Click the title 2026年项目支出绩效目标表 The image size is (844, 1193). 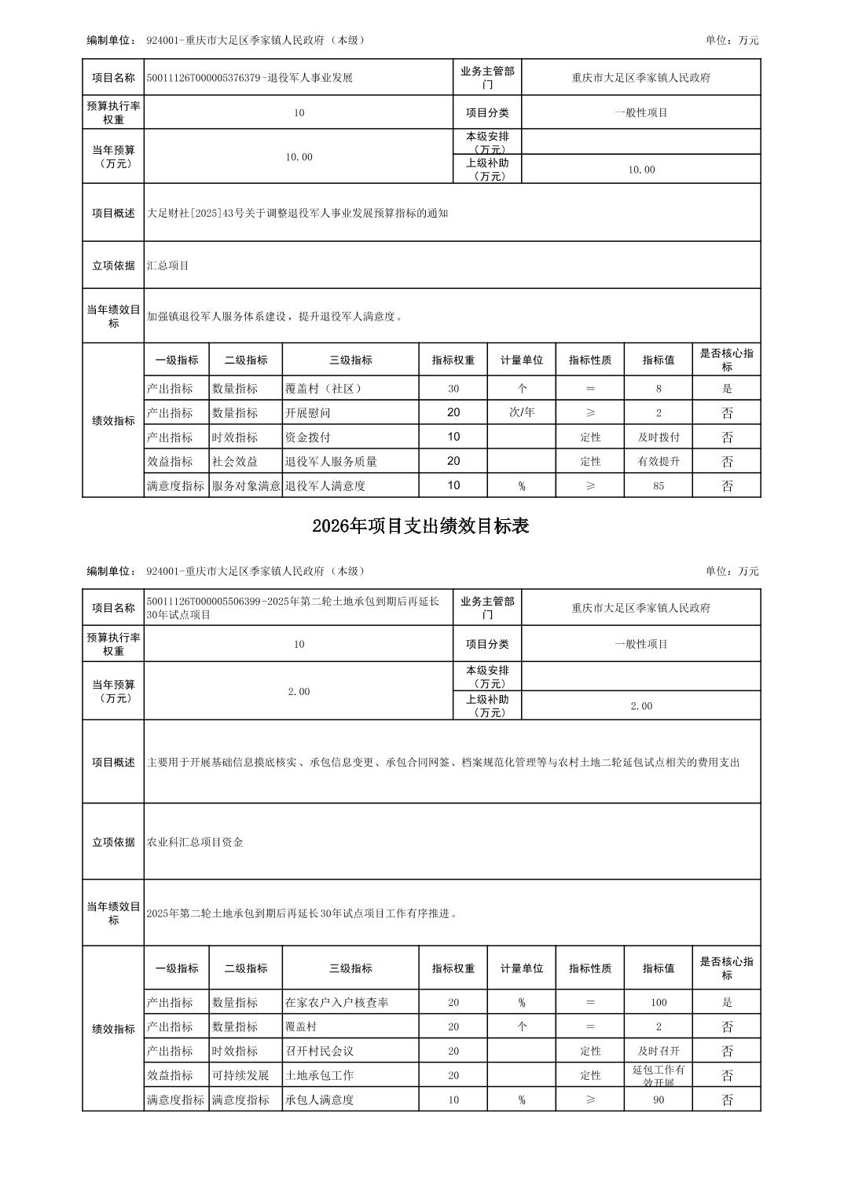coord(420,526)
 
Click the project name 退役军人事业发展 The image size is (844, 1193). coord(250,78)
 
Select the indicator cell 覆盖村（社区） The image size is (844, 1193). coord(324,388)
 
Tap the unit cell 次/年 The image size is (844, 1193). coord(522,412)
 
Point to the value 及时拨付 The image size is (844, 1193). coord(659,437)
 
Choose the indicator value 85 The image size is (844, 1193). coord(659,485)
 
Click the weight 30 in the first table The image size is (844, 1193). coord(453,388)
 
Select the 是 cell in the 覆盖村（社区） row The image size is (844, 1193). coord(727,388)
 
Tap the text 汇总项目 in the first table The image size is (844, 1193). coord(168,265)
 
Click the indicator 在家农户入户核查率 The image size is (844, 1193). coord(337,1002)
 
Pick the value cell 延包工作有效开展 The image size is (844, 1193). coord(659,1075)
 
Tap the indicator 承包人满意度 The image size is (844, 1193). coord(319,1100)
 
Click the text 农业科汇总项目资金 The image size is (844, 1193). coord(195,842)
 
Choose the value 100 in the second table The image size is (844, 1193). coord(659,1002)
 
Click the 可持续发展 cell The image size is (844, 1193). coord(240,1075)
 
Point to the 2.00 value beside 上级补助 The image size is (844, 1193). coord(641,706)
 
